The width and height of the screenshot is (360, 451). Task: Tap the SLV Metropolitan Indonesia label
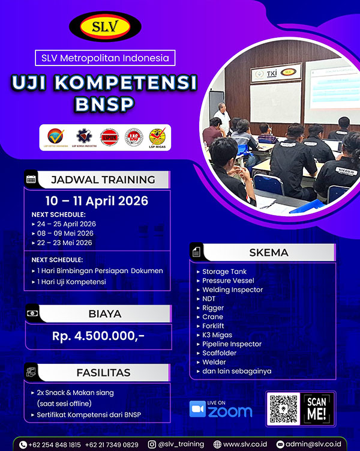pyautogui.click(x=105, y=58)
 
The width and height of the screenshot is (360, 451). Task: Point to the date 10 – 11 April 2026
pyautogui.click(x=97, y=201)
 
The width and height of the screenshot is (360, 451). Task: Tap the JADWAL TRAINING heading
pyautogui.click(x=103, y=179)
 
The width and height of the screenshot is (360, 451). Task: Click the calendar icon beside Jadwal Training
pyautogui.click(x=31, y=179)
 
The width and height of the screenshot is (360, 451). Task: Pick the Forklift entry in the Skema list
pyautogui.click(x=213, y=326)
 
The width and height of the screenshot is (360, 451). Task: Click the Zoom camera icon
pyautogui.click(x=198, y=408)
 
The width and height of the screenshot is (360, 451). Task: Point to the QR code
pyautogui.click(x=283, y=409)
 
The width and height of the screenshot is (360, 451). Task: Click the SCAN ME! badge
pyautogui.click(x=317, y=409)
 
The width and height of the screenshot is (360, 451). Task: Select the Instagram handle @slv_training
pyautogui.click(x=183, y=444)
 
